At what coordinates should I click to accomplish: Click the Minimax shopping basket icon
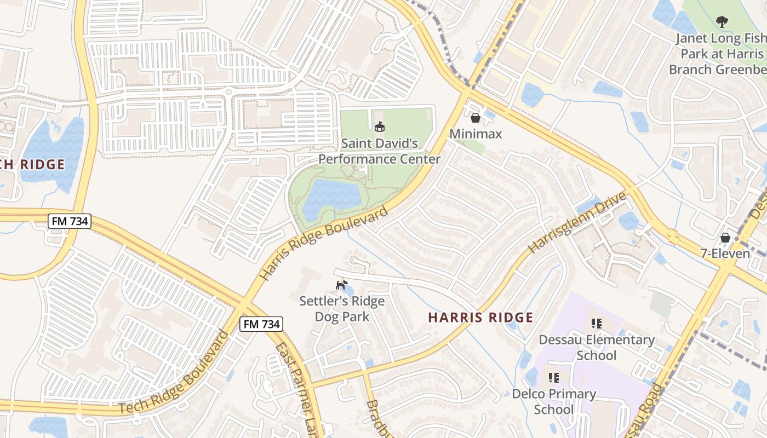pos(476,118)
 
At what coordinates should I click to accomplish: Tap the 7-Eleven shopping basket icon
pos(725,238)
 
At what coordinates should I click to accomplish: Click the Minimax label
pos(476,134)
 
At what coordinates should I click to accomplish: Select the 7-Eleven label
pos(725,254)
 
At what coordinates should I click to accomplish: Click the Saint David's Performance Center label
pos(380,151)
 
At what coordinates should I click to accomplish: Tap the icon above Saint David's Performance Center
pos(379,127)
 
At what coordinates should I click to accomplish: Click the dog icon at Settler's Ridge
pos(341,285)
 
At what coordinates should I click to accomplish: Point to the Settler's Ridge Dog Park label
pos(342,309)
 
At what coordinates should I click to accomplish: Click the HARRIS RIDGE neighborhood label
pos(480,318)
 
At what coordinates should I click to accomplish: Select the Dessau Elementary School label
pos(597,347)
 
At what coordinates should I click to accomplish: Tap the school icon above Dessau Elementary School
pos(597,323)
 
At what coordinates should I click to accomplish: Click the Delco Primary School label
pos(553,401)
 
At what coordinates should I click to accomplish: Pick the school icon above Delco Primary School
pos(553,377)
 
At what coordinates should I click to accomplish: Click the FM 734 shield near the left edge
pos(69,221)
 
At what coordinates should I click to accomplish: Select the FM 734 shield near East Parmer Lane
pos(261,324)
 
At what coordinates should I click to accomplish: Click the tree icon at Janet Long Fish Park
pos(722,22)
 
